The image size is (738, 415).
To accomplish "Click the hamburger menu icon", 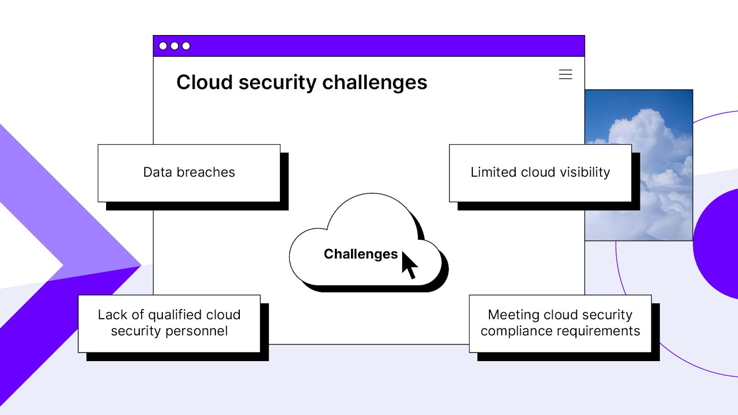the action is pos(565,74).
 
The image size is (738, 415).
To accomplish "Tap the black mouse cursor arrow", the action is pos(409,264).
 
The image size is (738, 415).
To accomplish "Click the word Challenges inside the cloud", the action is pos(360,254).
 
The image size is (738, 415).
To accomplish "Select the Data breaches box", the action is pos(189,173).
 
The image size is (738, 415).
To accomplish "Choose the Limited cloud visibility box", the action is pos(540,173).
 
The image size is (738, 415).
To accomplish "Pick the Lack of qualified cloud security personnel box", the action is pos(169,323).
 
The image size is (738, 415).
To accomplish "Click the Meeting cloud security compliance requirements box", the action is pos(560,323).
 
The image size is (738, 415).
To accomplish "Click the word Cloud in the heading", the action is pos(204,83).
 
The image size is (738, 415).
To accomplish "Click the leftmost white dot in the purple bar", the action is pos(163,46).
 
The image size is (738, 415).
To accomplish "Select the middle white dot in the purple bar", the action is pos(174,46).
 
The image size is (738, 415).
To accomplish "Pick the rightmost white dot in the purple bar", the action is pos(186,46).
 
